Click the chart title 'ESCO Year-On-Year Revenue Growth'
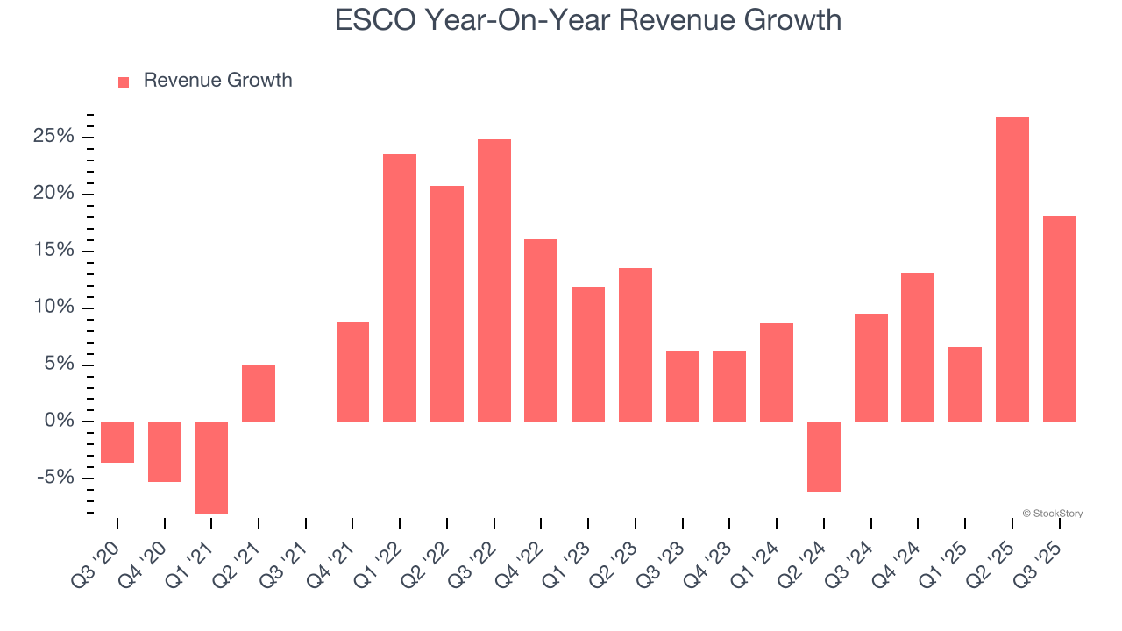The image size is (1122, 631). [588, 19]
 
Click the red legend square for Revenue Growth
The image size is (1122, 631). [124, 82]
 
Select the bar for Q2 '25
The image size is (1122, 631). [1012, 269]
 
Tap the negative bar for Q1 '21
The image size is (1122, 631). [211, 467]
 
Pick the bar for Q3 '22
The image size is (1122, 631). [494, 280]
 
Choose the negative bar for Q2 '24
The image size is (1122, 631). [824, 456]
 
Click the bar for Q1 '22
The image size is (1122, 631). [400, 287]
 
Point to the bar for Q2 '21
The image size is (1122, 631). [259, 393]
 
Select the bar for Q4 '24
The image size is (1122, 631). [918, 347]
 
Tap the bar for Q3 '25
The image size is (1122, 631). [1060, 318]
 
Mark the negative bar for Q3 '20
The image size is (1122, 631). [117, 442]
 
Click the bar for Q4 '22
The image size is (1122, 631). [541, 330]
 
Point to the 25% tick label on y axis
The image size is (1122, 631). [53, 137]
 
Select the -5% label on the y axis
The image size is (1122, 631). [55, 479]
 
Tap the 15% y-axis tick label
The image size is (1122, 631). [53, 251]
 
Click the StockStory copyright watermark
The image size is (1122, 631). [1052, 514]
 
